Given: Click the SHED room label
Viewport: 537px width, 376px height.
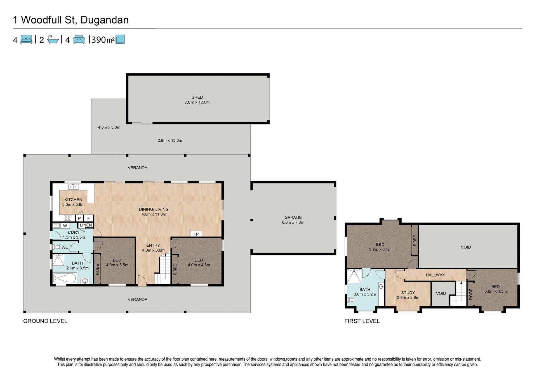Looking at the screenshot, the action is [x=197, y=97].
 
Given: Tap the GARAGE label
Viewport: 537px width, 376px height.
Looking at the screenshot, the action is [x=293, y=217].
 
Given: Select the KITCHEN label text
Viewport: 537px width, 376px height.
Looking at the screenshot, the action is [x=73, y=200].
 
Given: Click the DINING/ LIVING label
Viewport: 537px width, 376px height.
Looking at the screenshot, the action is [x=154, y=209].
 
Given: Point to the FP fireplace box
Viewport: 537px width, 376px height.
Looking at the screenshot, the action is [x=196, y=234].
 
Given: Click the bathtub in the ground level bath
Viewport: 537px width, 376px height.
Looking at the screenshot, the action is [x=65, y=278].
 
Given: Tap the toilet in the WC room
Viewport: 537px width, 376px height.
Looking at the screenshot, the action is [x=56, y=247].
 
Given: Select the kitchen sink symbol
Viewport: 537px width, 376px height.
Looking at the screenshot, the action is [x=73, y=187].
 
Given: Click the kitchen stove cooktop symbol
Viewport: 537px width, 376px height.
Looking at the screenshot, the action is [x=68, y=218].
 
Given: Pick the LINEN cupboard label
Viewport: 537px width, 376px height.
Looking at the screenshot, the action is [x=86, y=225].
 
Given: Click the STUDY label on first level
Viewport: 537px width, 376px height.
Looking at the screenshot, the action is [x=408, y=293].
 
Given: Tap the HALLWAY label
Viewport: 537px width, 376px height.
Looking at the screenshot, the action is [x=435, y=275].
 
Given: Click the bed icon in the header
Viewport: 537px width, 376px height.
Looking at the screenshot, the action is [x=26, y=39].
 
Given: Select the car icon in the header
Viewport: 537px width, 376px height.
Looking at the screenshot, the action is [x=79, y=39].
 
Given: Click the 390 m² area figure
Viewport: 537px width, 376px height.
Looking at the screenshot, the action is [x=103, y=40].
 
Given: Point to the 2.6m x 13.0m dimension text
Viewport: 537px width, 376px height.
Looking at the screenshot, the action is [x=170, y=141].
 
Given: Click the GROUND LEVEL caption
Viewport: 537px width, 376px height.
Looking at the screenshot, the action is [x=45, y=321].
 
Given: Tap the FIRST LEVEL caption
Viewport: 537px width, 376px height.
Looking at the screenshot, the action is [x=362, y=321].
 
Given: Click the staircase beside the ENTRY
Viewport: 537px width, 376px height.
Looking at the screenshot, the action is [x=163, y=268].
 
